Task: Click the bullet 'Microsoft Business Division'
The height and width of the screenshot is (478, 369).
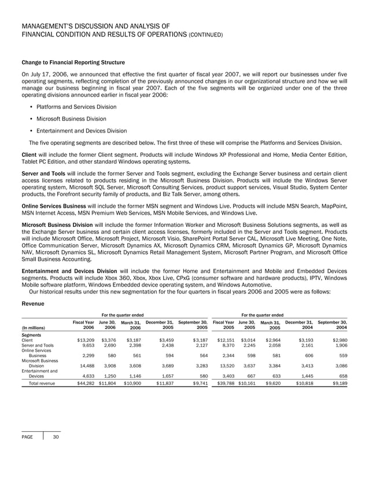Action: [x=67, y=119]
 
